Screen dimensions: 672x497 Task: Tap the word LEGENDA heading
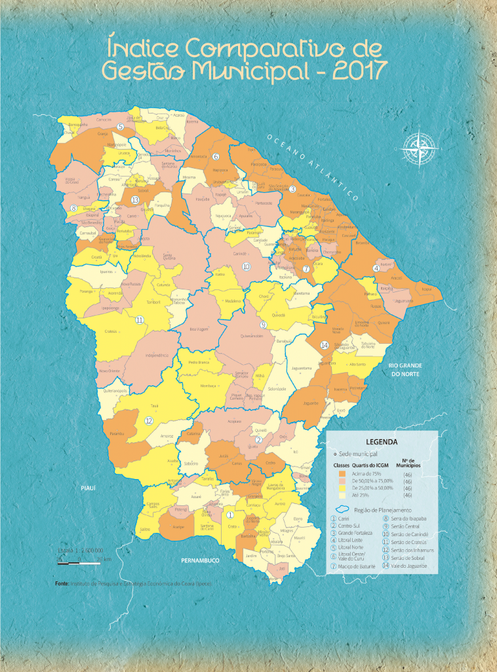coord(381,442)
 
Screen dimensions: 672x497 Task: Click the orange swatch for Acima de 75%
coord(342,472)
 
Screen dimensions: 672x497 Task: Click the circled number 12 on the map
coord(149,421)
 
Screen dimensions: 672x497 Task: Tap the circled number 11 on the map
coord(139,320)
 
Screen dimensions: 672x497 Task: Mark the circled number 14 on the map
coord(324,345)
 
